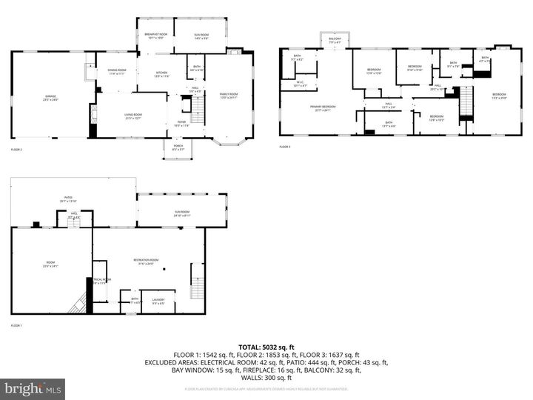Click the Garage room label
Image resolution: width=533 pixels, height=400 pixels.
click(50, 97)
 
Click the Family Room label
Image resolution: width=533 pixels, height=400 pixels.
click(229, 96)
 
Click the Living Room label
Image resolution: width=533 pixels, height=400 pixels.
click(133, 117)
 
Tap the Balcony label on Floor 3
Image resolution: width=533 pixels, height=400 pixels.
click(335, 41)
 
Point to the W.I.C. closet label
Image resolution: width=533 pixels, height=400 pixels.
click(301, 84)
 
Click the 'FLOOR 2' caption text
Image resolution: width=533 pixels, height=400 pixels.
click(16, 150)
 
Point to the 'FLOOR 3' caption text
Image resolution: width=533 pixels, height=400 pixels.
click(285, 147)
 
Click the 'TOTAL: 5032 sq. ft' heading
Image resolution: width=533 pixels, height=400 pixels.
click(266, 347)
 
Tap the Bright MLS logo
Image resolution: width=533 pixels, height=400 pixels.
click(33, 389)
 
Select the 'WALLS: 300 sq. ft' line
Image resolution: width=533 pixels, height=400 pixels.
click(266, 377)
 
